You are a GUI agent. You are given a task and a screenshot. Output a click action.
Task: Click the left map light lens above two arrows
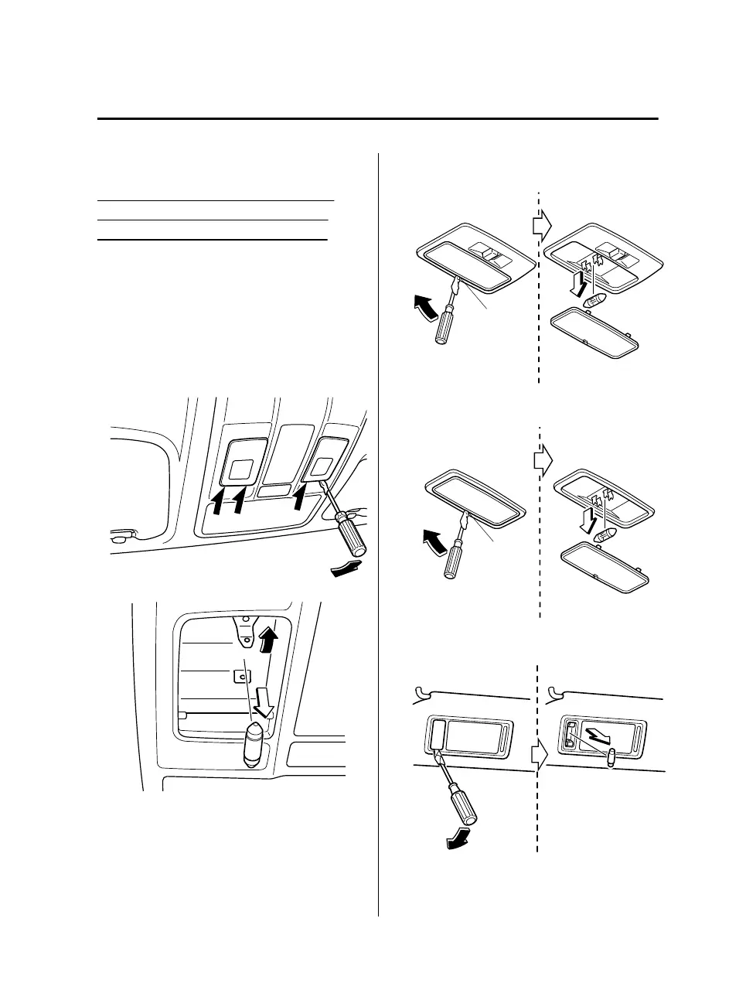pyautogui.click(x=241, y=469)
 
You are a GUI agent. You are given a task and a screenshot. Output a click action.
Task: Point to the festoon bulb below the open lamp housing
pyautogui.click(x=254, y=744)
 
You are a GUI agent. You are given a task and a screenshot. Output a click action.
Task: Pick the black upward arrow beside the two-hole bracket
pyautogui.click(x=269, y=639)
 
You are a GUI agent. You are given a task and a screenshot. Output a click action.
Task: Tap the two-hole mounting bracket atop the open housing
pyautogui.click(x=246, y=631)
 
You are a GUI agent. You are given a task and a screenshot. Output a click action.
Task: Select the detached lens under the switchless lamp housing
pyautogui.click(x=604, y=568)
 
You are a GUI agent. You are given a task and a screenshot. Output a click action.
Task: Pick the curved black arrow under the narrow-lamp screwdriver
pyautogui.click(x=462, y=841)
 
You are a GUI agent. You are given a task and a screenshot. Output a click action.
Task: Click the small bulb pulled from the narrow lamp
pyautogui.click(x=610, y=757)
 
